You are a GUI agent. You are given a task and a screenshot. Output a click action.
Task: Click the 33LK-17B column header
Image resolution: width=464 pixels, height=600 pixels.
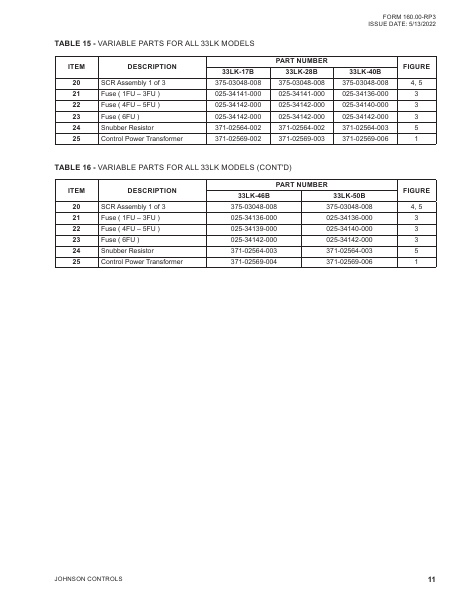coord(238,71)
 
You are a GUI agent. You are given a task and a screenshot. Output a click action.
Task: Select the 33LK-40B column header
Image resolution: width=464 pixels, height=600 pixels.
coord(364,71)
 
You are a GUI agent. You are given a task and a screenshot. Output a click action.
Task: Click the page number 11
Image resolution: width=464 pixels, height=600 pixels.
coord(430,579)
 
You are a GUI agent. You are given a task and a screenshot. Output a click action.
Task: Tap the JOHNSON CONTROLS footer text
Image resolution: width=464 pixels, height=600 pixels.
coord(87,579)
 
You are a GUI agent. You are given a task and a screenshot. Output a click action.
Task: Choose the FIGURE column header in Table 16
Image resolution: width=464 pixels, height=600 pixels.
coord(415,189)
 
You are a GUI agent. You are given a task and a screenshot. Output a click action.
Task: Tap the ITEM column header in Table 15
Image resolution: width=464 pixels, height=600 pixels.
coord(76,66)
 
